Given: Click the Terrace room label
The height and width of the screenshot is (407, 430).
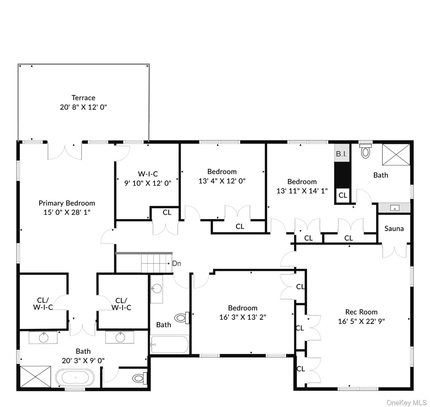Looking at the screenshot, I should [83, 98].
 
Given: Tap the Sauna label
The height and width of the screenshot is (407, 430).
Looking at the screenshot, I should [394, 229].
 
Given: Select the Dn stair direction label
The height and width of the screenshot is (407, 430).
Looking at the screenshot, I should [177, 263].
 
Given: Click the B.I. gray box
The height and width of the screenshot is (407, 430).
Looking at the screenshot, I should [341, 153].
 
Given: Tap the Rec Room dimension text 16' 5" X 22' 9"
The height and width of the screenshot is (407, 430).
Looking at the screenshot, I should [361, 321].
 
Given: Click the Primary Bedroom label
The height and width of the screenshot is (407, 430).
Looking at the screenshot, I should [67, 203].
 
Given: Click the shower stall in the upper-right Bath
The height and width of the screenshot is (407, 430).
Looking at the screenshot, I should [396, 154].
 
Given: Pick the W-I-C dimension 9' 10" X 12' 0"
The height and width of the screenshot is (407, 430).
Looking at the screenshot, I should [148, 183].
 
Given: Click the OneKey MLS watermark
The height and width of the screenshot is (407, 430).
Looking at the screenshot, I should [406, 402].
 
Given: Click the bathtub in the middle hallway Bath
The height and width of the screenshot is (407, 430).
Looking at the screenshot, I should [170, 344].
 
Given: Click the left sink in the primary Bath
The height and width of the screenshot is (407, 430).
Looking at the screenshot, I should [44, 338].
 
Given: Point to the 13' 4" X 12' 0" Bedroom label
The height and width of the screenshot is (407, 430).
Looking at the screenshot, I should [222, 172].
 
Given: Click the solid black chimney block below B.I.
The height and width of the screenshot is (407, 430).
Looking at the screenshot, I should [342, 175].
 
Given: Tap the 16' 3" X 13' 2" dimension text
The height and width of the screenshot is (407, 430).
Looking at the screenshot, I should [243, 317].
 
